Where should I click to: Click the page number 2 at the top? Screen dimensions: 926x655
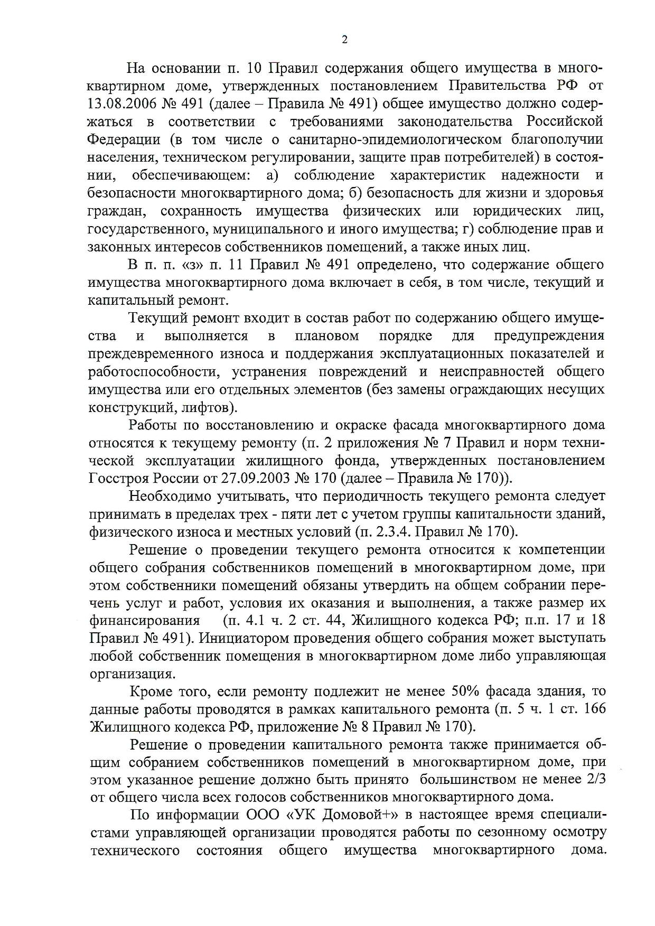click(x=344, y=40)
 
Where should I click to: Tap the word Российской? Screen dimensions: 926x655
click(x=565, y=121)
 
